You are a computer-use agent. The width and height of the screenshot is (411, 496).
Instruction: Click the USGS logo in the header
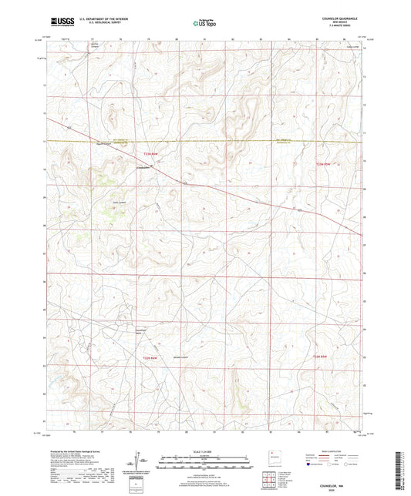(x=59, y=22)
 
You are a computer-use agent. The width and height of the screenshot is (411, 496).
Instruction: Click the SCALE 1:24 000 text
(x=205, y=451)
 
